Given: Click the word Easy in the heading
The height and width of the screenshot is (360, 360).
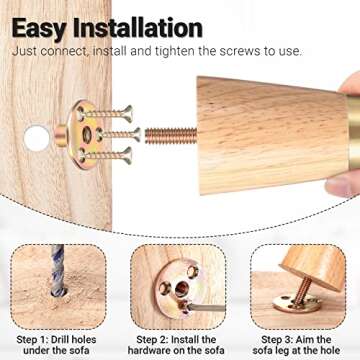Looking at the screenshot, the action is click(39, 29).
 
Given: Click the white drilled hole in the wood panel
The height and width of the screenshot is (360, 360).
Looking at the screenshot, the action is click(37, 138).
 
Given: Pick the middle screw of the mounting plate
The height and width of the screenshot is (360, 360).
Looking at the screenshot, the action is click(119, 134).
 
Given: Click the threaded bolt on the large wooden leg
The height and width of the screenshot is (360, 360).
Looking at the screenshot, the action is click(171, 136).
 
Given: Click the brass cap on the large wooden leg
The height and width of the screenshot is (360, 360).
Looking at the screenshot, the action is click(354, 131).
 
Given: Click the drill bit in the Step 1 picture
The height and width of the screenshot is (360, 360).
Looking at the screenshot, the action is click(58, 270).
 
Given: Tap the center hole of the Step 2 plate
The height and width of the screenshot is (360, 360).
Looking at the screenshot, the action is click(182, 289).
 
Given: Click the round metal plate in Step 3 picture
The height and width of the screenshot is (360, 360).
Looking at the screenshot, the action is click(297, 303).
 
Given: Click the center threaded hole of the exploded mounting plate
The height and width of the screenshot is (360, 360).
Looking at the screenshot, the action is click(87, 135).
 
